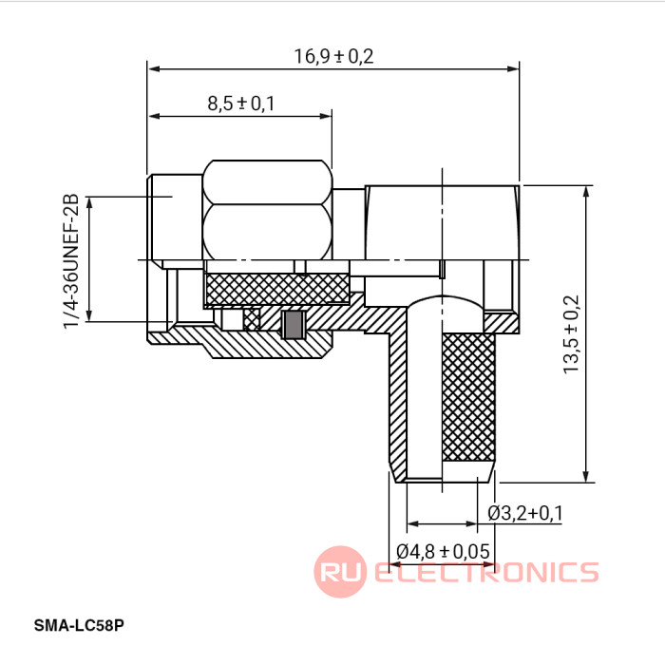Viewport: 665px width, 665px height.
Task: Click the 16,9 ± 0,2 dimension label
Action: (x=333, y=56)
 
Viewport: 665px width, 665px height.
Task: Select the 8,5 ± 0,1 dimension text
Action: (x=240, y=103)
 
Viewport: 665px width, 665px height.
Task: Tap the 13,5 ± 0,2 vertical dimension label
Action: (x=571, y=334)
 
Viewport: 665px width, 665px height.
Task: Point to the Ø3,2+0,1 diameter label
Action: (x=525, y=513)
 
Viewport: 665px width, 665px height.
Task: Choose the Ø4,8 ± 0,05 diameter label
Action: (x=443, y=551)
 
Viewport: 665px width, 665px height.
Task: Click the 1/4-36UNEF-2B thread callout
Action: (x=71, y=261)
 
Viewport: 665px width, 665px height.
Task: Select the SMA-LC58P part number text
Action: (x=79, y=625)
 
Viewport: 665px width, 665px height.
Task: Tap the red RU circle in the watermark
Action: (x=340, y=572)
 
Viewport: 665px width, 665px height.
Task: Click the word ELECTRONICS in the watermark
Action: (x=486, y=572)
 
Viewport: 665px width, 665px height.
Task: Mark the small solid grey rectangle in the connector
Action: (x=293, y=325)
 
